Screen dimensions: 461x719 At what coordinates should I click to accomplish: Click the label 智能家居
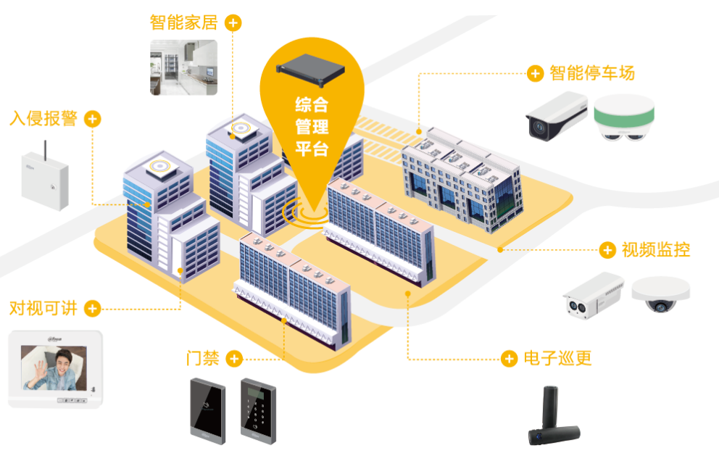coord(183,22)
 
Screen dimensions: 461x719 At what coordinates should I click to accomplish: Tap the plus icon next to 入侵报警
coord(92,118)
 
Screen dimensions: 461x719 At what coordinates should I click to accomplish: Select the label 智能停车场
coord(591,73)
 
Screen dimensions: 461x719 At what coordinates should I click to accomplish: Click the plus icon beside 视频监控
coord(607,251)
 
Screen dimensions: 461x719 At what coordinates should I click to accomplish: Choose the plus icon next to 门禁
coord(233,358)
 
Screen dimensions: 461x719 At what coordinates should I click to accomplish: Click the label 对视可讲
coord(43,308)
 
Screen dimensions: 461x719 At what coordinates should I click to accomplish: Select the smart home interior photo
coord(183,67)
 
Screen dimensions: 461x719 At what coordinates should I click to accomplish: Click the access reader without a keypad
coord(207,410)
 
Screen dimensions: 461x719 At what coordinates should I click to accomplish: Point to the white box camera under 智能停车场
coord(556,116)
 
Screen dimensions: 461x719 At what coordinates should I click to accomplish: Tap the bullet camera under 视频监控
coord(593,296)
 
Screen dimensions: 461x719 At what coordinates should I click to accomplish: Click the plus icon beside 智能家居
coord(233,23)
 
